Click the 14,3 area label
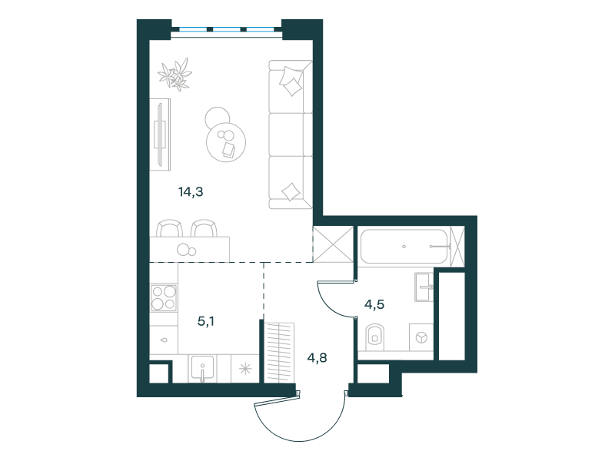point(191,192)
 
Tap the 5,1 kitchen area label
point(206,322)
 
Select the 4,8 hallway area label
point(317,358)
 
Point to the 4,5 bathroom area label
point(374,304)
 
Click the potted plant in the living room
point(175,75)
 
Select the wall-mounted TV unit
point(160,134)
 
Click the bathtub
point(404,247)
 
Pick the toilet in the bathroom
point(375,337)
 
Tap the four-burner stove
point(164,298)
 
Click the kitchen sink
point(202,368)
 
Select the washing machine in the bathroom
point(421,337)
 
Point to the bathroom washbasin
point(424,287)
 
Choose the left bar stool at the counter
point(169,228)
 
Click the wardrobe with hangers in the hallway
point(281,352)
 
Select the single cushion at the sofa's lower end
point(291,192)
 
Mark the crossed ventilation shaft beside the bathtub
point(334,244)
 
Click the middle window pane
point(226,29)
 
